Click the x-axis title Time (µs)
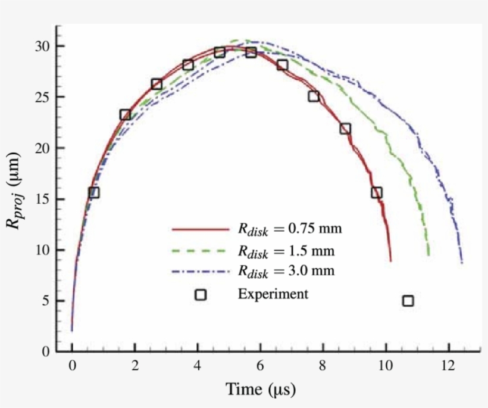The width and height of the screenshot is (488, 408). [x=260, y=390]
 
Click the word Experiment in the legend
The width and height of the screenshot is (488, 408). [x=273, y=294]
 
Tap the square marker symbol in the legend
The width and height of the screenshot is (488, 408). [x=201, y=294]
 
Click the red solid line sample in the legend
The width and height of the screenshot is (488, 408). [x=200, y=229]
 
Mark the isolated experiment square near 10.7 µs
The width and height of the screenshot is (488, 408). [x=408, y=301]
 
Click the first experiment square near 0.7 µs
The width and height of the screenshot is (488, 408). [x=93, y=192]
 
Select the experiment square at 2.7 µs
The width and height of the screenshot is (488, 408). [x=157, y=84]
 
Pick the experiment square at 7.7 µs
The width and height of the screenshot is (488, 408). [x=314, y=96]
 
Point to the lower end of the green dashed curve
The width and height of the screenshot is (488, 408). [x=428, y=255]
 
